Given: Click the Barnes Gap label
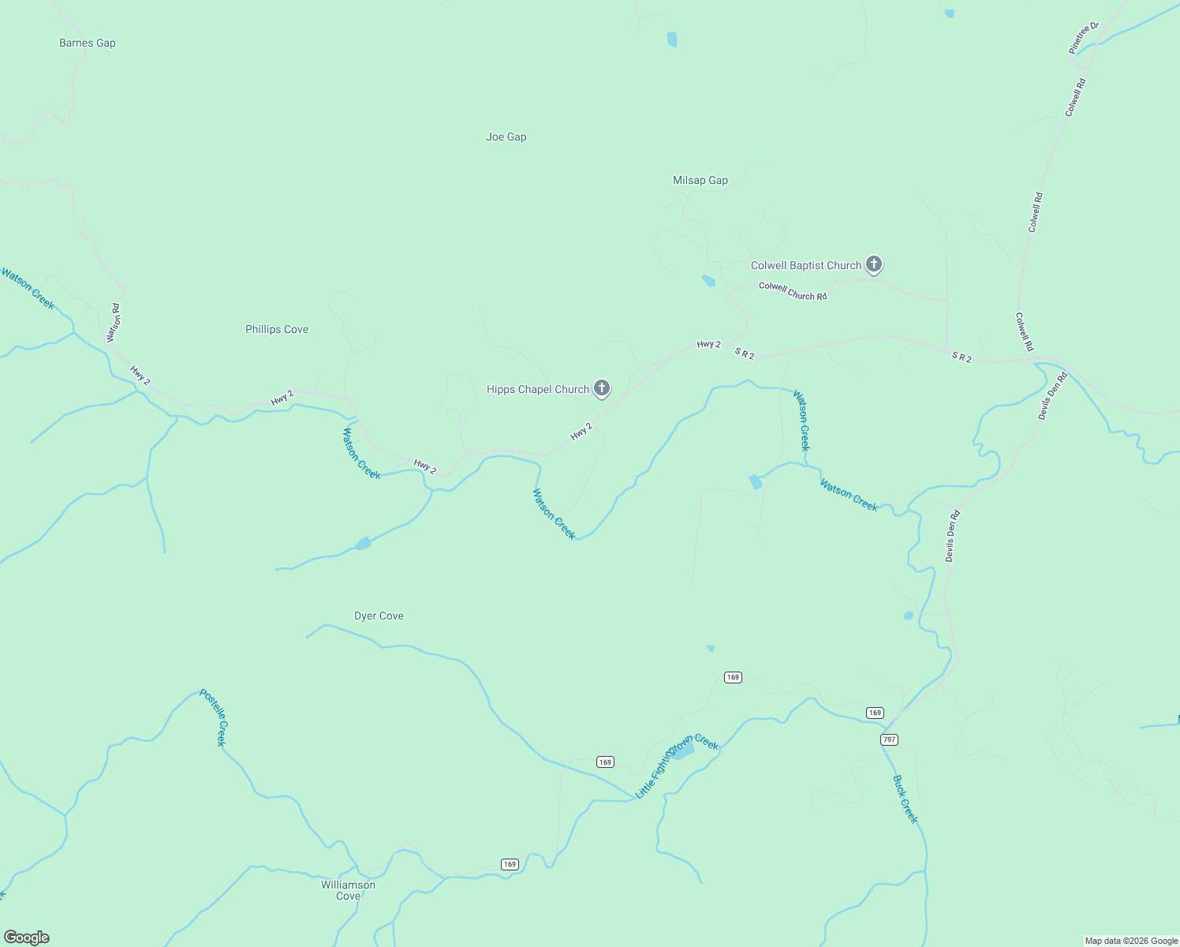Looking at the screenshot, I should pos(88,43).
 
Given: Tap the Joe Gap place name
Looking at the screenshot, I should pos(506,137).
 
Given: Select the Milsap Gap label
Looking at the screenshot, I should pos(700,181).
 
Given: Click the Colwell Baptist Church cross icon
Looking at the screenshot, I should pos(873,264).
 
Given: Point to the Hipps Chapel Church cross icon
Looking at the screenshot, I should pos(601,387).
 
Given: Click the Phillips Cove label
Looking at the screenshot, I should pos(276,330).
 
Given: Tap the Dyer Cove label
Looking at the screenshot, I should pos(379,616).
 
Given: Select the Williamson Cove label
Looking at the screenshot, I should pos(348,890).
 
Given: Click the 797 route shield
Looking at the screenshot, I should pos(889,739).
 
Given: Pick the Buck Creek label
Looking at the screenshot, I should pos(906,799).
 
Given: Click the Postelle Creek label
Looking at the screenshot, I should pos(213,717).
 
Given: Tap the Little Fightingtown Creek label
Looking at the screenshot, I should pos(677,765).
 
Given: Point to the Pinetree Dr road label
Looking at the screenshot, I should pos(1084,38).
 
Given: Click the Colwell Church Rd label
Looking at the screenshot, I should pos(793,290).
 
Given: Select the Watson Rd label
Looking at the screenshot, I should pos(114,323).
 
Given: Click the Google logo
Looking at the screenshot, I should pos(27,938).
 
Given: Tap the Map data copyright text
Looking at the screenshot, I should pos(1131,941).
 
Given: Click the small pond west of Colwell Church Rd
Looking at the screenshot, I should pos(708,280).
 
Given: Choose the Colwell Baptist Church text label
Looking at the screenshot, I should pos(805,266).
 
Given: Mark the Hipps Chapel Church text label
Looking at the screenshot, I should pos(538,390).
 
